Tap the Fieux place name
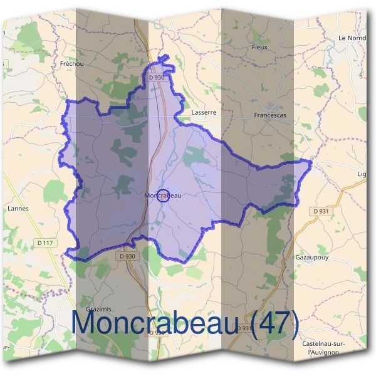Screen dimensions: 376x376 pyautogui.click(x=259, y=47)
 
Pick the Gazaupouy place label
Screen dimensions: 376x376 pyautogui.click(x=311, y=257)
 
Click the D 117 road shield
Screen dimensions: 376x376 pyautogui.click(x=44, y=243)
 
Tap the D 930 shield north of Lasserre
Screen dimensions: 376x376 pyautogui.click(x=157, y=77)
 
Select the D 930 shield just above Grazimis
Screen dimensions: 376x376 pyautogui.click(x=126, y=256)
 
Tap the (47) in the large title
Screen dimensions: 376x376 pyautogui.click(x=272, y=323)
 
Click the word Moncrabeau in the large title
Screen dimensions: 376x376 pyautogui.click(x=154, y=323)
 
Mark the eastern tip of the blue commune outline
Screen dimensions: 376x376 pyautogui.click(x=310, y=162)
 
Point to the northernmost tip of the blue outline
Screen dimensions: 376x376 pyautogui.click(x=167, y=57)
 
